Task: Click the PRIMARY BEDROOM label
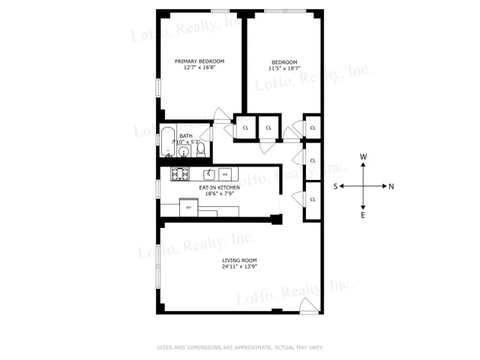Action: (x=199, y=61)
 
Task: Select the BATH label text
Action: (x=185, y=136)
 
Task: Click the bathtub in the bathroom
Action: (x=167, y=143)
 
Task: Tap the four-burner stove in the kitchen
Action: (x=179, y=175)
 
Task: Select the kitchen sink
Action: (x=208, y=174)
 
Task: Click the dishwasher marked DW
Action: (x=223, y=174)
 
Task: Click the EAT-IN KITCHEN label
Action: (x=219, y=187)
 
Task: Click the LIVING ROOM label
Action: (x=240, y=260)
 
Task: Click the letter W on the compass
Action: (x=364, y=157)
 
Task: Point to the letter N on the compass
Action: (x=391, y=186)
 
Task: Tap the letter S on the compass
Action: (x=337, y=186)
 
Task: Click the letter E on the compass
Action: (x=364, y=215)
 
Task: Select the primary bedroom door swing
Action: (x=222, y=114)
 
